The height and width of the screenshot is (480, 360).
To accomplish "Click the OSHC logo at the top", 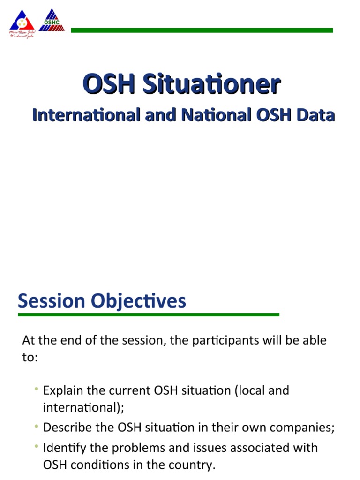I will tap(52, 21).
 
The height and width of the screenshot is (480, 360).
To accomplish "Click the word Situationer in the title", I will tap(211, 85).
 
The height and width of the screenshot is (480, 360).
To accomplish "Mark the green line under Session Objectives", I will tap(148, 315).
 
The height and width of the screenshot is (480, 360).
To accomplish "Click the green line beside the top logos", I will tap(202, 30).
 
